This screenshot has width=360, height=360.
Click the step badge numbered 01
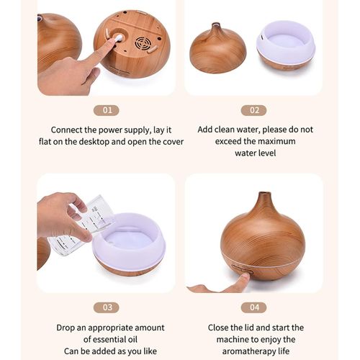(x=107, y=110)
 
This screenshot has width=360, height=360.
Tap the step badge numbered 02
(x=253, y=110)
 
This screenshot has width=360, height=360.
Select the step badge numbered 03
(x=107, y=307)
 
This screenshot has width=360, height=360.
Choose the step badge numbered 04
(x=253, y=307)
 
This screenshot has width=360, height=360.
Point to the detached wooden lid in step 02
(x=218, y=48)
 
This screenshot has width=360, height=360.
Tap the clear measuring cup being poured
(x=81, y=225)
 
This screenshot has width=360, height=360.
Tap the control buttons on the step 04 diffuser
(x=243, y=270)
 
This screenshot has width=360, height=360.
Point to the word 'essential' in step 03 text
(x=109, y=339)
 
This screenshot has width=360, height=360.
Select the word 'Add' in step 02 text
(x=204, y=130)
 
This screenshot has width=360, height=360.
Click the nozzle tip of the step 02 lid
(x=216, y=24)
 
